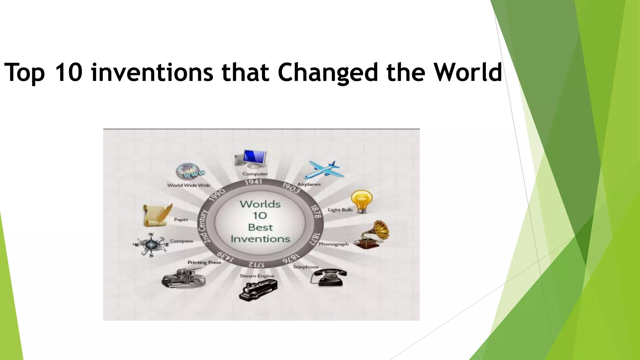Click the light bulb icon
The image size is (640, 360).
(362, 201)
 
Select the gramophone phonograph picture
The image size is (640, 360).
(372, 235)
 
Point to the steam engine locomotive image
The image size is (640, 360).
(258, 290)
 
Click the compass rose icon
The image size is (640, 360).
(151, 244)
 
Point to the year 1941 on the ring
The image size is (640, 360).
(253, 182)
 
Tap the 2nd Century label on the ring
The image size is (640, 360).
(204, 226)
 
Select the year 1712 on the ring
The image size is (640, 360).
(256, 264)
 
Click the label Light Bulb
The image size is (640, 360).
(340, 210)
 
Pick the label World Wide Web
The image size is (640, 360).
(189, 185)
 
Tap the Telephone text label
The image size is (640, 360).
(306, 267)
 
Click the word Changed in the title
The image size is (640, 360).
(328, 72)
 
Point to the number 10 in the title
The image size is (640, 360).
(68, 72)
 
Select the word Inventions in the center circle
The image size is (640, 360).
(260, 239)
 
